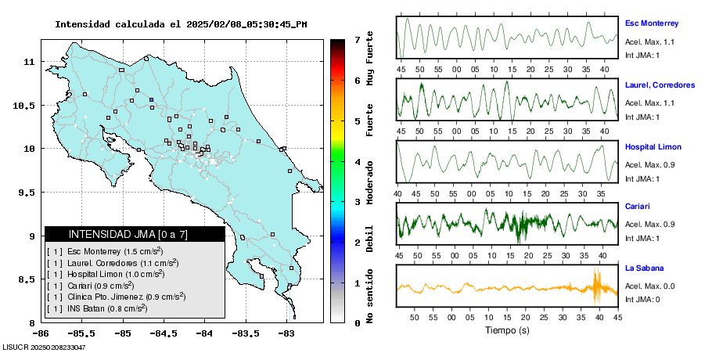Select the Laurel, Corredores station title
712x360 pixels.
660,85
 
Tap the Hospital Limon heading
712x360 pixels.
653,146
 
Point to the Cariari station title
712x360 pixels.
637,207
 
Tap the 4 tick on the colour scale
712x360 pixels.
357,162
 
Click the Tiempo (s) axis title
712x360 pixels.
506,330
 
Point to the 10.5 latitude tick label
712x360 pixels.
23,105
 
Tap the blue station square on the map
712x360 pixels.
152,99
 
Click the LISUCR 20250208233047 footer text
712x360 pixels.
44,347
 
